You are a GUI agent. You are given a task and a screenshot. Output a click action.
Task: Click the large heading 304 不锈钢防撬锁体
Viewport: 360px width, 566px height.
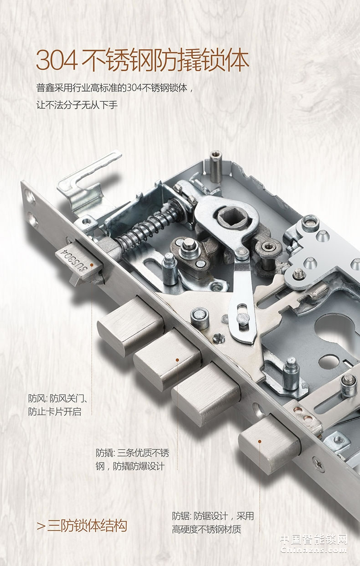143,61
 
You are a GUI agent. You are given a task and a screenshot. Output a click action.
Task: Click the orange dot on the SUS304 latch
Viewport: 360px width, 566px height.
92,265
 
